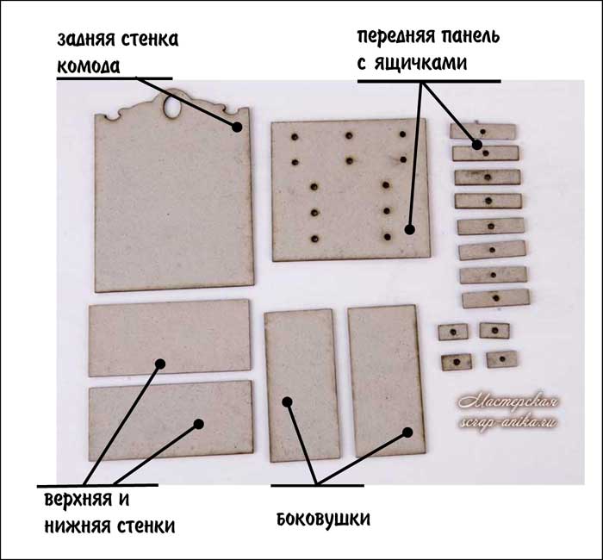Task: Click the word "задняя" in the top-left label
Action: (88, 39)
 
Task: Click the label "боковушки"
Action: (323, 520)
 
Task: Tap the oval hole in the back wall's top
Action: (175, 107)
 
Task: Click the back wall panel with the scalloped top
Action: (172, 207)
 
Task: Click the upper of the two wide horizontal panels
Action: (169, 338)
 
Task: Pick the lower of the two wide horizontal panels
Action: (171, 419)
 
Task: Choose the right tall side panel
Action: (387, 379)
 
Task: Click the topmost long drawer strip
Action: (482, 131)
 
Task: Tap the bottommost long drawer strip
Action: (495, 299)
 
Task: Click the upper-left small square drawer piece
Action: (453, 331)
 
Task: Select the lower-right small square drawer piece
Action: (500, 358)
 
